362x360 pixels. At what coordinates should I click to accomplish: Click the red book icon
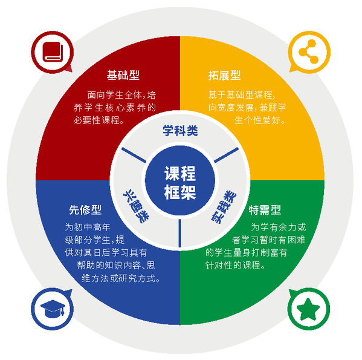point(53,52)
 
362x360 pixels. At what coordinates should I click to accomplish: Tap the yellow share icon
point(309,51)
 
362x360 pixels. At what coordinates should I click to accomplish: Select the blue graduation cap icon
point(53,309)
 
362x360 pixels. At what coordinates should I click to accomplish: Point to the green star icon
point(308,309)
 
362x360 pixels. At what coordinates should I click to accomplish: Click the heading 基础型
point(123,75)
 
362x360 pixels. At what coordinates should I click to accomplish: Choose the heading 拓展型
point(224,75)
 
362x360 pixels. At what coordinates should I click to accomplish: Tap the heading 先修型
point(85,210)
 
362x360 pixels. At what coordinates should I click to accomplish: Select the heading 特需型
point(265,210)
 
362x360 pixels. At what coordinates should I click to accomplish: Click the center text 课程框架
point(180,183)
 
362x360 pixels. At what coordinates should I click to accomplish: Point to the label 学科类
point(180,131)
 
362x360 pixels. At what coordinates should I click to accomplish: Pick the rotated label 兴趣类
point(136,206)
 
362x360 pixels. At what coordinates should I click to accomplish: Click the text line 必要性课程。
point(99,120)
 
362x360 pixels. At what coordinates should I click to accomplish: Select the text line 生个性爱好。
point(260,120)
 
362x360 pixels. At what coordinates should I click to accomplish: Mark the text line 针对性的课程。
point(235,265)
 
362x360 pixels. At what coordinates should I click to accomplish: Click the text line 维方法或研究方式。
point(121,278)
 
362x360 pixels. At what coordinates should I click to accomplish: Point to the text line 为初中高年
point(88,227)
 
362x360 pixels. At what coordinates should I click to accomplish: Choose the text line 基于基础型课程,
point(242,95)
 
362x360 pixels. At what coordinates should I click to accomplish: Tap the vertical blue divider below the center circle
point(180,233)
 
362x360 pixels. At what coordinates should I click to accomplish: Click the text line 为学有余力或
point(279,227)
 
